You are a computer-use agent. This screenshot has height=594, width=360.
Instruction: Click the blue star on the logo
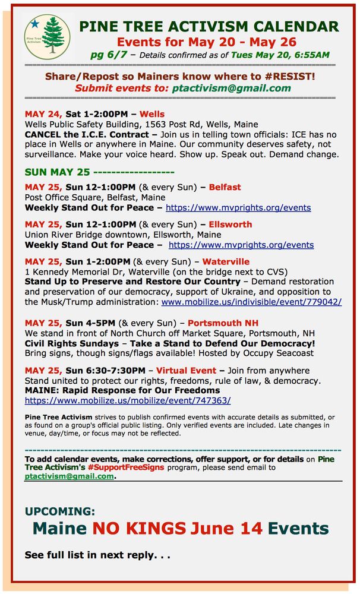coord(34,24)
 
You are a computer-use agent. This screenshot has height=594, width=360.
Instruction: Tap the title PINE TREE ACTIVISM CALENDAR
coord(209,26)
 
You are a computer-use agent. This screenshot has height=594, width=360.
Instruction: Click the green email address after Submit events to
coord(232,88)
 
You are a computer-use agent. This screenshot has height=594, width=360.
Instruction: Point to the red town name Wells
coord(152,113)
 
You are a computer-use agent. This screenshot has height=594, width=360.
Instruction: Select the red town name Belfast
coord(225,187)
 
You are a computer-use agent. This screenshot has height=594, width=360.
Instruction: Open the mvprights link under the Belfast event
coord(238,208)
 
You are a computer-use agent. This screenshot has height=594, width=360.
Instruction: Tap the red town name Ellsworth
coord(230,224)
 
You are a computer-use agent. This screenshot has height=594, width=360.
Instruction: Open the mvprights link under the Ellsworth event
coord(241,245)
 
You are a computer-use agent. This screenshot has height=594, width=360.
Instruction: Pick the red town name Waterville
coord(226,261)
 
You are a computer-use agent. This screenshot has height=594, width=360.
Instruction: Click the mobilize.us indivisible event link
coord(251,302)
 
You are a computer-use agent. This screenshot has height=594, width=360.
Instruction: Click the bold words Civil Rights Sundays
coord(64,343)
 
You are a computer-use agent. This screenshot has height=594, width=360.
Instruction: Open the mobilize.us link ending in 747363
coord(128,400)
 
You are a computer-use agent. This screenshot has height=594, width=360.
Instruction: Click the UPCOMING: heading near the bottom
coord(60,511)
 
